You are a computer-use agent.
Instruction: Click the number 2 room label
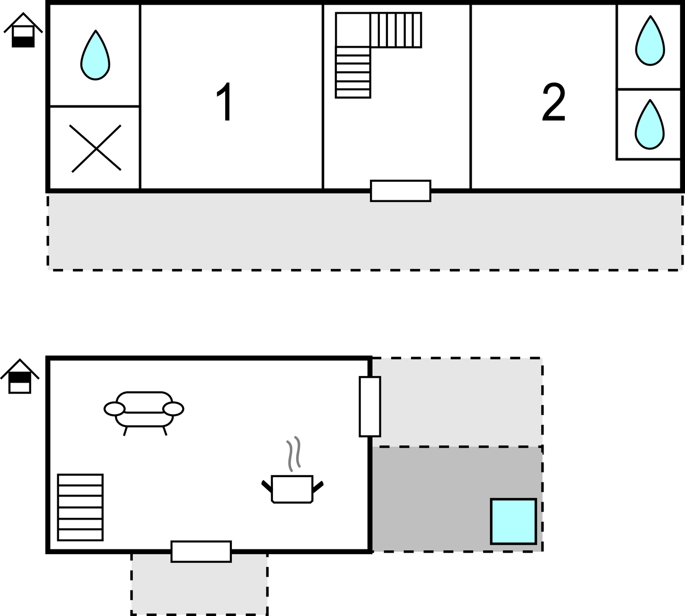(x=553, y=102)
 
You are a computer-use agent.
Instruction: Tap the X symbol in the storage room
(x=96, y=148)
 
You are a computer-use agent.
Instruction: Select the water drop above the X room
(x=95, y=55)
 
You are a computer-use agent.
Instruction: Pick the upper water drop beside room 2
(x=650, y=41)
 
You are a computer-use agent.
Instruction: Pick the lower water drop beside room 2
(x=650, y=125)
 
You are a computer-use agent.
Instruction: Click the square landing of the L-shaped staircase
(x=353, y=30)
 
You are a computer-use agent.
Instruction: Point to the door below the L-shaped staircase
(x=401, y=191)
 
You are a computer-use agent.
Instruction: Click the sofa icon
(x=144, y=413)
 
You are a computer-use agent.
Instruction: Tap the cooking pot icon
(x=292, y=489)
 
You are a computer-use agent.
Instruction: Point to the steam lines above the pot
(x=293, y=454)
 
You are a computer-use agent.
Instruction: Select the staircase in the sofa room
(x=80, y=507)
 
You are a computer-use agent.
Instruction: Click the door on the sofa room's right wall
(x=370, y=407)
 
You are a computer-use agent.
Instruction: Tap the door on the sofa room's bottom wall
(x=201, y=552)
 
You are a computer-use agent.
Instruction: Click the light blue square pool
(x=513, y=522)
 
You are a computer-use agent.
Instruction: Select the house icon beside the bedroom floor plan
(x=23, y=30)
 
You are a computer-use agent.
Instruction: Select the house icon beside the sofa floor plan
(x=20, y=376)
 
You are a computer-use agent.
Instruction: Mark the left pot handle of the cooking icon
(x=267, y=486)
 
